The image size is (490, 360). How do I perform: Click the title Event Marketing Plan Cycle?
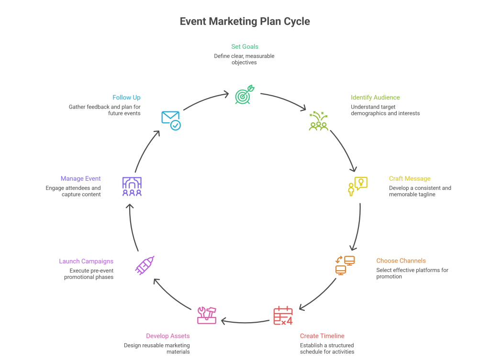(x=245, y=22)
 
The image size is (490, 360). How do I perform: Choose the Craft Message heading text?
(x=409, y=179)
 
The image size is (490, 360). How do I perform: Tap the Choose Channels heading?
(x=401, y=261)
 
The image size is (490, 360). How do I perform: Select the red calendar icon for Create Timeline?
(x=283, y=316)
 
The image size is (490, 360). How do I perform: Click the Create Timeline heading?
(x=322, y=336)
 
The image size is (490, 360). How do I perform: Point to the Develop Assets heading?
(x=167, y=336)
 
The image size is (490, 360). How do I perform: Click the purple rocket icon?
(x=145, y=265)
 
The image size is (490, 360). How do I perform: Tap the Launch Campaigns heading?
(x=86, y=261)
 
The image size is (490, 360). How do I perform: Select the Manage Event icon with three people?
(x=132, y=186)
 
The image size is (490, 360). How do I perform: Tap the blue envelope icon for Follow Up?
(x=171, y=120)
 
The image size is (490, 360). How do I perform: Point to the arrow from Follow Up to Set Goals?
(x=206, y=99)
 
